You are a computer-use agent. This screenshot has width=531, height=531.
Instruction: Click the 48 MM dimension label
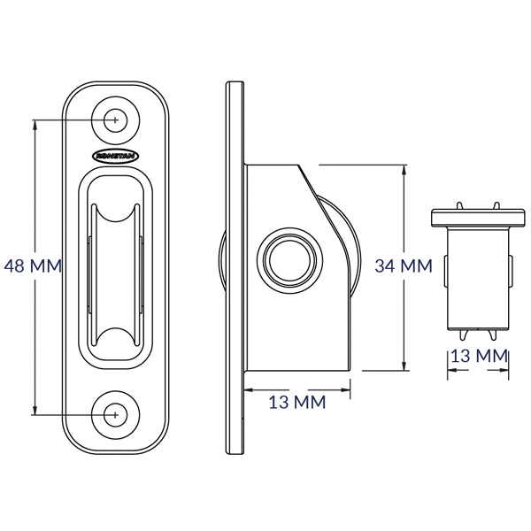click(x=33, y=265)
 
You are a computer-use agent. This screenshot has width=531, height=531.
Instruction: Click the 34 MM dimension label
click(x=404, y=265)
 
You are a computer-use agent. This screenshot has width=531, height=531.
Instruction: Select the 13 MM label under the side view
click(x=297, y=402)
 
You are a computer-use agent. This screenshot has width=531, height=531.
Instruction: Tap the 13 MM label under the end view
click(x=480, y=356)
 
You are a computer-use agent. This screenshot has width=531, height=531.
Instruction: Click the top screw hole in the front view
click(x=115, y=119)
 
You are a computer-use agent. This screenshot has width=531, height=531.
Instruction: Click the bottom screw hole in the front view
click(x=115, y=415)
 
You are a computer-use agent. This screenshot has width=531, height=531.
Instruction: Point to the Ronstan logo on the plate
click(x=115, y=156)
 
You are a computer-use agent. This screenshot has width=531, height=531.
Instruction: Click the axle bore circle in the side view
click(x=290, y=260)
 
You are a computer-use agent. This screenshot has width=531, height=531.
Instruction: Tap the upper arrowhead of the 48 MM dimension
click(x=35, y=126)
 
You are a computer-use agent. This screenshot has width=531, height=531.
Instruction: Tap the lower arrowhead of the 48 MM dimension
click(x=35, y=409)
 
